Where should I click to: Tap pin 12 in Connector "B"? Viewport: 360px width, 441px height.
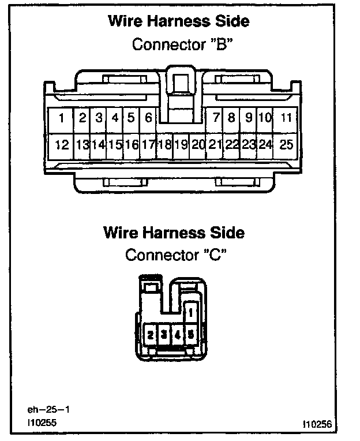pos(61,145)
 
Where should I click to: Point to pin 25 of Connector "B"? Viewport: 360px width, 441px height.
pos(286,145)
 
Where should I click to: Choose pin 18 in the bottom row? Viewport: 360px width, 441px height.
pos(164,145)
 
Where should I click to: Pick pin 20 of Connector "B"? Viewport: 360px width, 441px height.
pos(198,145)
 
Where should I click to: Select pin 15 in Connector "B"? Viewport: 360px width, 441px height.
pos(115,145)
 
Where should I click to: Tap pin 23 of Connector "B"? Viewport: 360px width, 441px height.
pos(249,145)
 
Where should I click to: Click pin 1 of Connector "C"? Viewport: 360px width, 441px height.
pos(190,313)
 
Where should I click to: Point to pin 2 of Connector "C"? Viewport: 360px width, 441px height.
pos(150,334)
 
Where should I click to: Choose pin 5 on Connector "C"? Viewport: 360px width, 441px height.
pos(190,334)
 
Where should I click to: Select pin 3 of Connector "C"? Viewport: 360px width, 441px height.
pos(164,334)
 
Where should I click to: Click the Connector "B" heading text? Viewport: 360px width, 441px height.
pos(178,44)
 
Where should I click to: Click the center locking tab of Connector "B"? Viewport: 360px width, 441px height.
pos(179,84)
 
